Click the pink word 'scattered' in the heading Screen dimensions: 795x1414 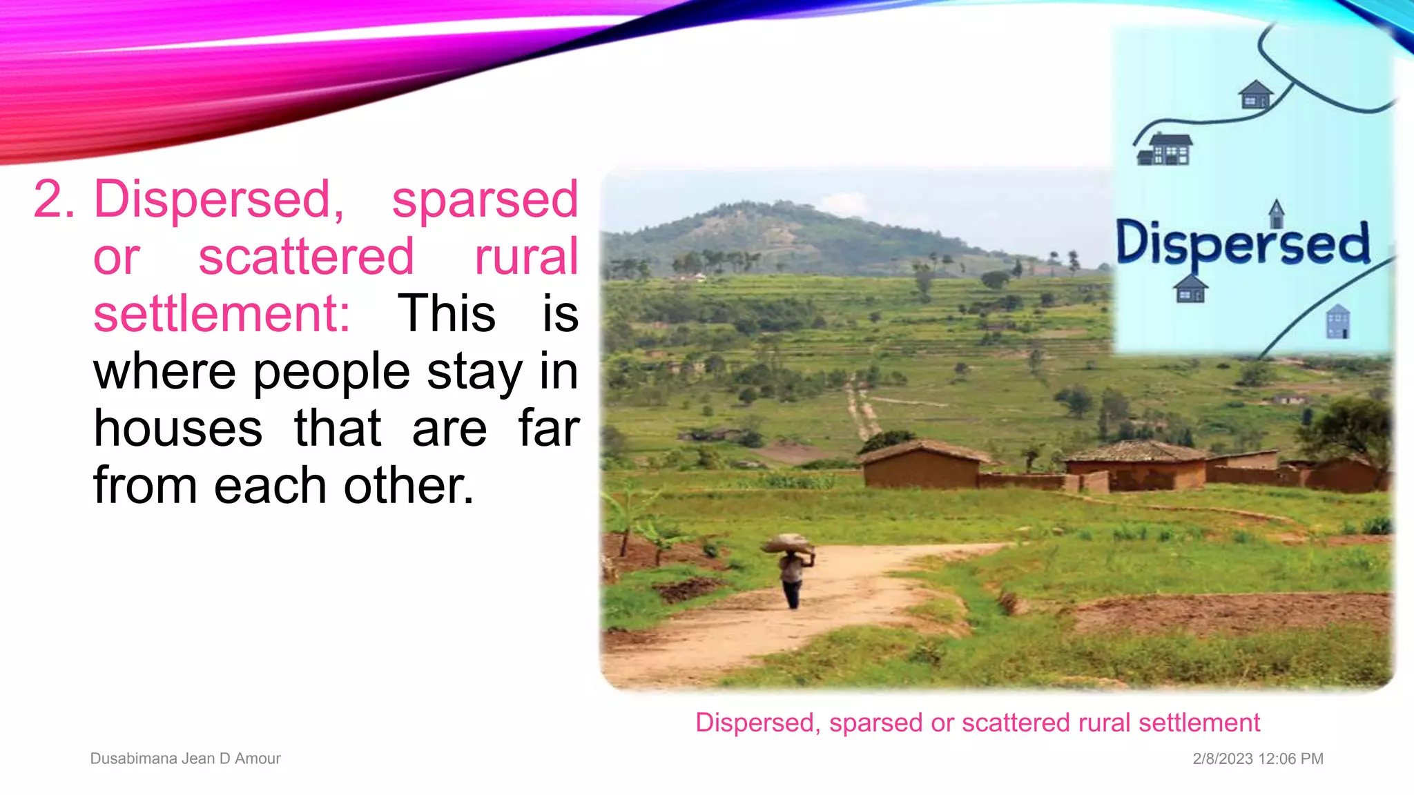(306, 257)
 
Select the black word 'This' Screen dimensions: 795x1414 (446, 314)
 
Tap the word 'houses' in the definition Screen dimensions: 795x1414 (178, 429)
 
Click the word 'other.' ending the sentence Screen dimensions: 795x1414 (408, 486)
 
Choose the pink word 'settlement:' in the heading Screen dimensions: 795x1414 (222, 314)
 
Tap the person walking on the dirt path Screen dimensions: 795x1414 (793, 576)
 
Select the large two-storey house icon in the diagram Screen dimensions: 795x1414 (1165, 149)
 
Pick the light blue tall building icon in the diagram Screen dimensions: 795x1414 (1337, 322)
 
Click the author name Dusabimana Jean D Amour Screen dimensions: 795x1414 (185, 758)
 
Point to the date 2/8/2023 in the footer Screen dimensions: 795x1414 (1222, 758)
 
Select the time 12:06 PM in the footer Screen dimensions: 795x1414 (1290, 758)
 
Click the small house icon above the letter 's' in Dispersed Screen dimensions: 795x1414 (1276, 213)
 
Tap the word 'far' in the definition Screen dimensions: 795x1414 (548, 429)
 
